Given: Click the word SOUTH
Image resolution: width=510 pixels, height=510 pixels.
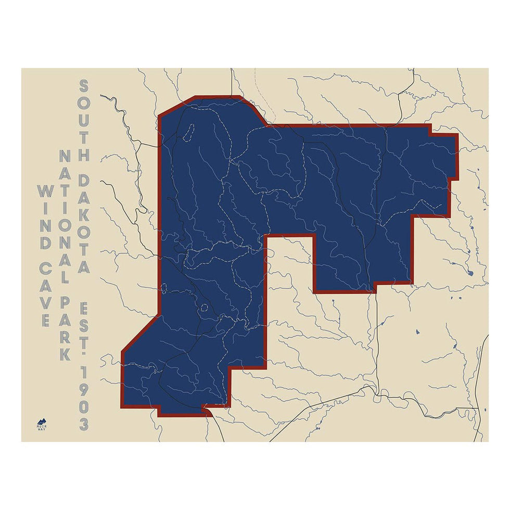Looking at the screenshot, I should pos(83,120).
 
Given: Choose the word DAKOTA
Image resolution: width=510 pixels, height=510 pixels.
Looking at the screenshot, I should pos(83,224).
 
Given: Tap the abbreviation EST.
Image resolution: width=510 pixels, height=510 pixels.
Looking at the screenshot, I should pos(83,321).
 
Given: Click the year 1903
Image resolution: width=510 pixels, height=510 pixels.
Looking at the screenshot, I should pos(83,398).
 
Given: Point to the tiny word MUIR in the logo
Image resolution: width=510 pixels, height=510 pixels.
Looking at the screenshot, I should pos(42,426).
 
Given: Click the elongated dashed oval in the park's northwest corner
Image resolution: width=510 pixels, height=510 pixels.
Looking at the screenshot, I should pos(188,132).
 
